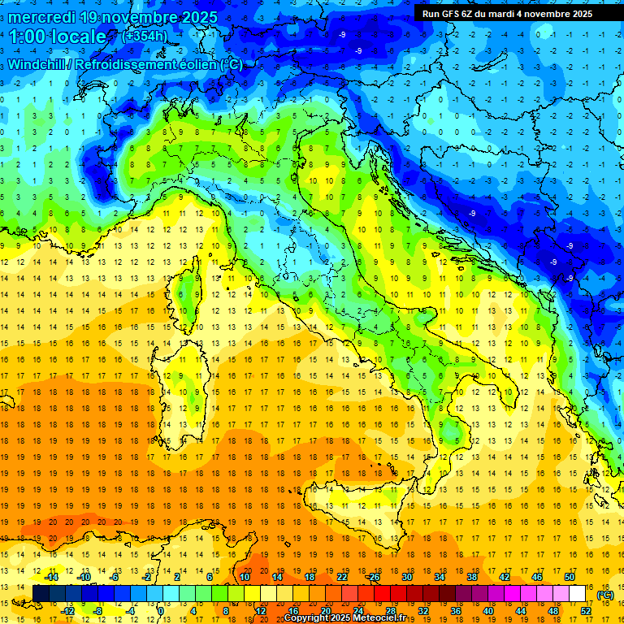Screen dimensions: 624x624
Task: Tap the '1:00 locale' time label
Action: [x=58, y=37]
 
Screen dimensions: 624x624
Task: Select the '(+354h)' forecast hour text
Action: [x=145, y=36]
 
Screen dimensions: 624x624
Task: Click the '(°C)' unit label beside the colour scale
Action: [x=605, y=595]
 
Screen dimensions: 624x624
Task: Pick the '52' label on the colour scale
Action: [x=586, y=611]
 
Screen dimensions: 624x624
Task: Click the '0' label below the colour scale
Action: [x=161, y=611]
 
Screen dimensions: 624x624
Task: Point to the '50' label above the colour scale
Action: [x=570, y=577]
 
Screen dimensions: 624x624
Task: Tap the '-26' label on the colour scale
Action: [x=373, y=577]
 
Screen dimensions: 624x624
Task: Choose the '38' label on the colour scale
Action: [x=471, y=577]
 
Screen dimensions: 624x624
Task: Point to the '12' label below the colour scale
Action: [x=261, y=611]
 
